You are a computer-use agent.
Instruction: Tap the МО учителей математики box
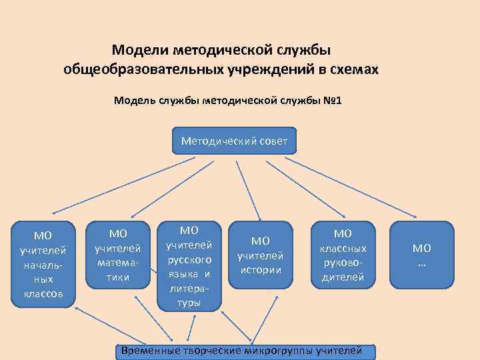coord(118,255)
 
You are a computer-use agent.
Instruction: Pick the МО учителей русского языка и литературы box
coord(189,265)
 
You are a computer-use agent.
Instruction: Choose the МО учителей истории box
coord(261,255)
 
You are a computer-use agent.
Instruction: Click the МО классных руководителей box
coord(343,255)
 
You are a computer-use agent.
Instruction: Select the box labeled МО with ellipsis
coord(422,255)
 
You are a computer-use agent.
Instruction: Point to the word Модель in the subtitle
coord(135,101)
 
